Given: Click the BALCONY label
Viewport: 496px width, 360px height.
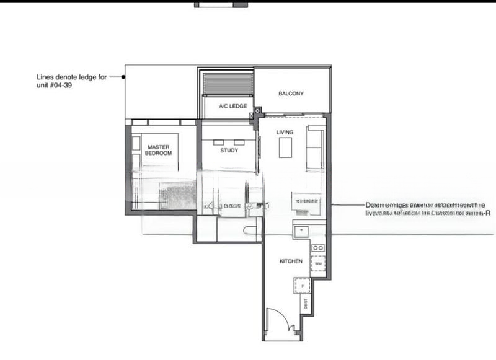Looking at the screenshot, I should (x=291, y=94).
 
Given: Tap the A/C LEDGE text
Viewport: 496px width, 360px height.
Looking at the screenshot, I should (x=233, y=107).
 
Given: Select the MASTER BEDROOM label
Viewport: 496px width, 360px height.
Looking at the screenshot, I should (x=159, y=150).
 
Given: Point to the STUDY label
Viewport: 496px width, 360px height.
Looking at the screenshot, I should (x=229, y=151).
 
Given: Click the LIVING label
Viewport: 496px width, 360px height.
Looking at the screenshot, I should (x=285, y=133).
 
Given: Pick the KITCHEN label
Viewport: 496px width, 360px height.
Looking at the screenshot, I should (x=291, y=261).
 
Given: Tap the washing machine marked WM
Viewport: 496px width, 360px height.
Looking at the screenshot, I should (x=318, y=263).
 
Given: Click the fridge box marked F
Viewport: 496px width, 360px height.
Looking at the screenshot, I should (x=302, y=286).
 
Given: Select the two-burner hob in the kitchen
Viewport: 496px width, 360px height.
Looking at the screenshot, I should (x=318, y=248).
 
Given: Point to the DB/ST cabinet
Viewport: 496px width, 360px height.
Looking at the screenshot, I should (x=305, y=304).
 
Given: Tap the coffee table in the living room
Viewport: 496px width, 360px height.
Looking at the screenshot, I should (x=285, y=148).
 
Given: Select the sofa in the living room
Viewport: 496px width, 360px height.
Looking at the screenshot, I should (x=316, y=147).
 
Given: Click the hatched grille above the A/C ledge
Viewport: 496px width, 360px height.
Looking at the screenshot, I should (x=228, y=84).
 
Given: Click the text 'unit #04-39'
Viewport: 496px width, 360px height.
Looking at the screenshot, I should (x=56, y=86).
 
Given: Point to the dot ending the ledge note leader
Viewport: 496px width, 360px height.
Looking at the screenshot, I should (x=123, y=77).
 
